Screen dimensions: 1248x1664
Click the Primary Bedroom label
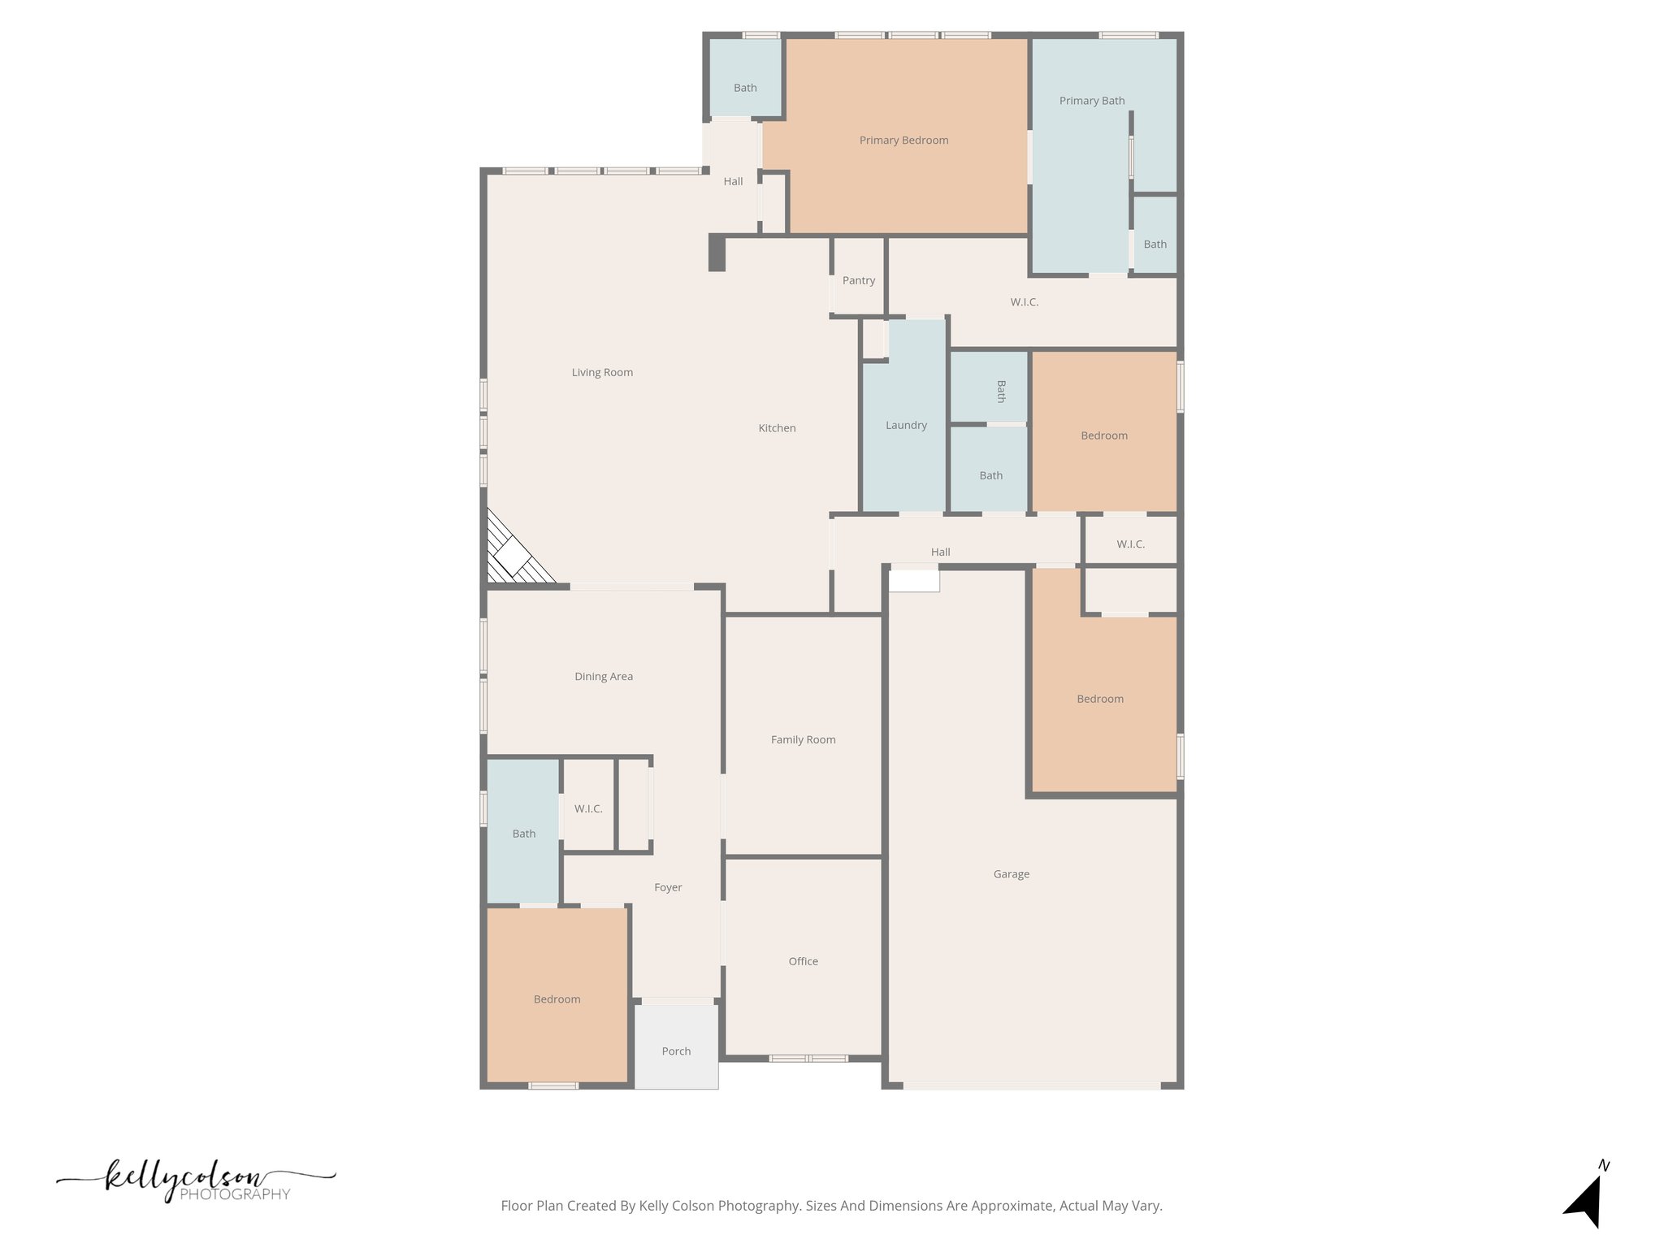[903, 141]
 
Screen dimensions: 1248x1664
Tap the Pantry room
[858, 280]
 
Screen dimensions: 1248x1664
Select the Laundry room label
[906, 425]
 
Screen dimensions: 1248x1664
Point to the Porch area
[676, 1051]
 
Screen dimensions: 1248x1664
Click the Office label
[803, 961]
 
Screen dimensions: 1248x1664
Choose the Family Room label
[803, 739]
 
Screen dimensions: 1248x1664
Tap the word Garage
[1011, 874]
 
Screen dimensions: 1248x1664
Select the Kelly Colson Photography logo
[195, 1181]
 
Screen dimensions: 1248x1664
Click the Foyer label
[668, 887]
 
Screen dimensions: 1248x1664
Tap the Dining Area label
[603, 676]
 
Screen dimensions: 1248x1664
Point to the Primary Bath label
[1091, 101]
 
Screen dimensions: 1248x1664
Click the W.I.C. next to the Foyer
[588, 808]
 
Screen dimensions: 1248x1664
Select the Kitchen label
[777, 428]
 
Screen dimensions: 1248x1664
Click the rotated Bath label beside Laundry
[1001, 391]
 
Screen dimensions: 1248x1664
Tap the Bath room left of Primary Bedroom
[745, 88]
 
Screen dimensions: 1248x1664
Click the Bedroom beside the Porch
[557, 999]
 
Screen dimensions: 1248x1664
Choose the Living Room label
[602, 372]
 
